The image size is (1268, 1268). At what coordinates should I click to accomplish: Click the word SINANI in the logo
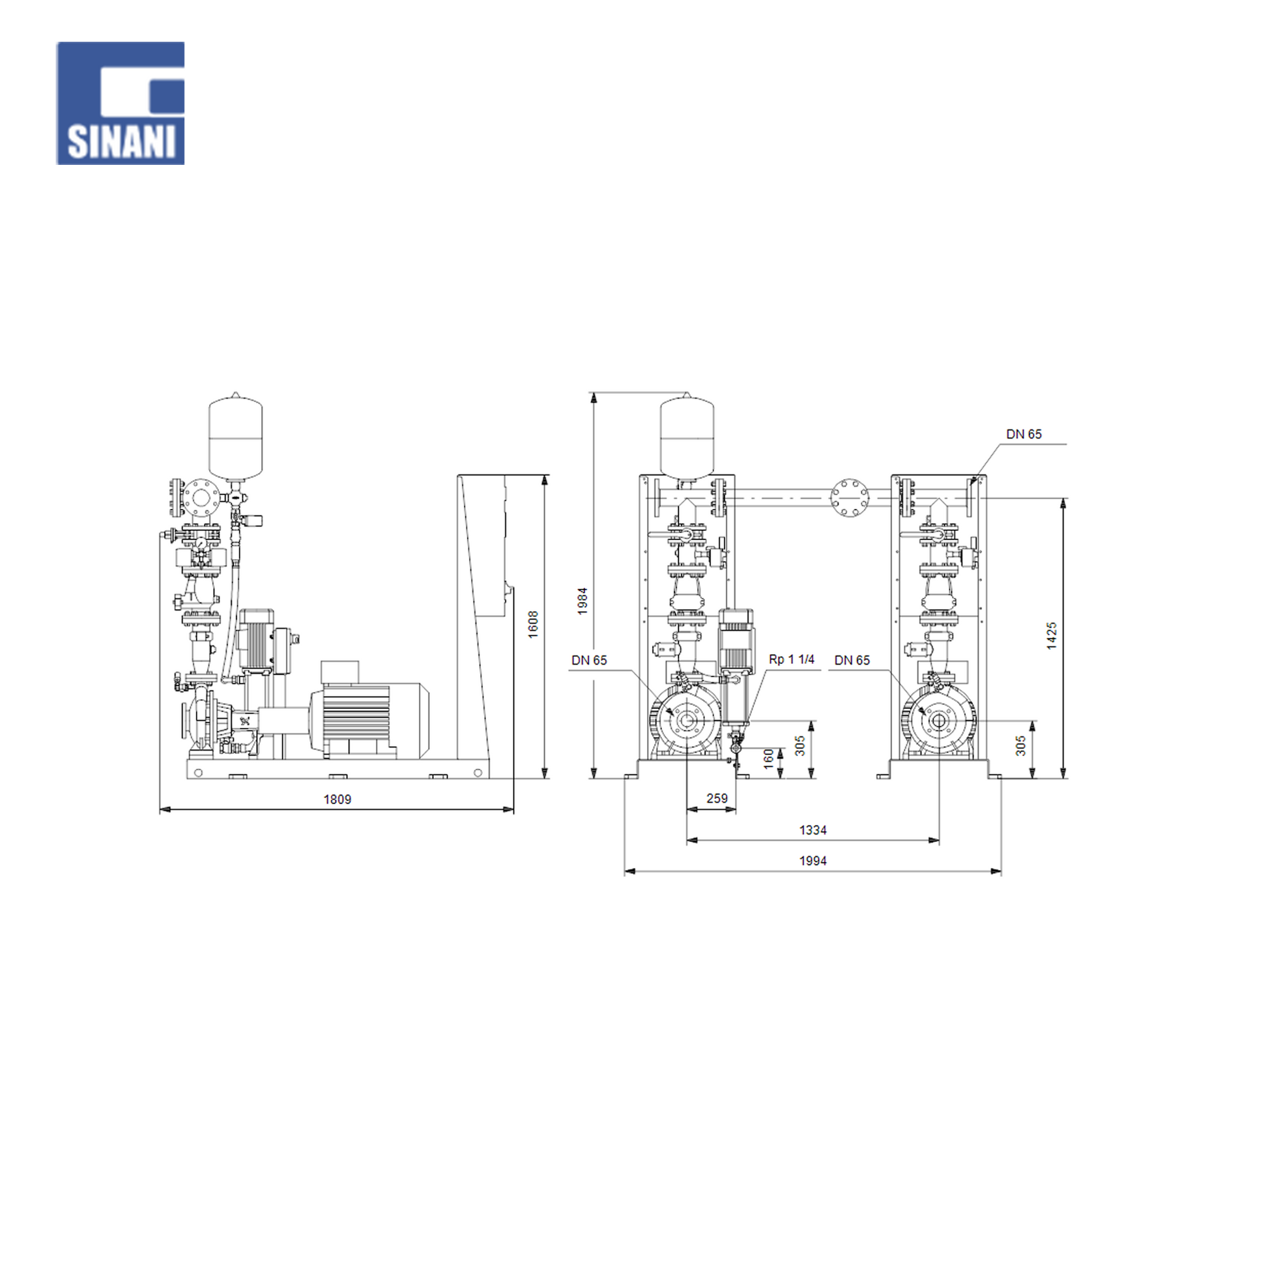[121, 141]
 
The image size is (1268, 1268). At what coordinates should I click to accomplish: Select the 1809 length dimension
[338, 800]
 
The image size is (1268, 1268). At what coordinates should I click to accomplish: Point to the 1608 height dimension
[533, 624]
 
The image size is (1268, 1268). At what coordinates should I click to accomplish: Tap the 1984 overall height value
[582, 601]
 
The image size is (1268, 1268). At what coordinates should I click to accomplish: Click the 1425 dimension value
[1052, 636]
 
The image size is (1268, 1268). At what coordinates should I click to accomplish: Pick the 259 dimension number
[717, 798]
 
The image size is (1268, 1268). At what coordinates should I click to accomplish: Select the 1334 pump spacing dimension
[813, 830]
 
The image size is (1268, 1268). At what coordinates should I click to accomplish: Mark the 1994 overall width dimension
[813, 861]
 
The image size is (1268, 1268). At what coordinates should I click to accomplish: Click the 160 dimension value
[768, 758]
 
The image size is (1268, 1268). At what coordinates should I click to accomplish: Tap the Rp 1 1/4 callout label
[792, 659]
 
